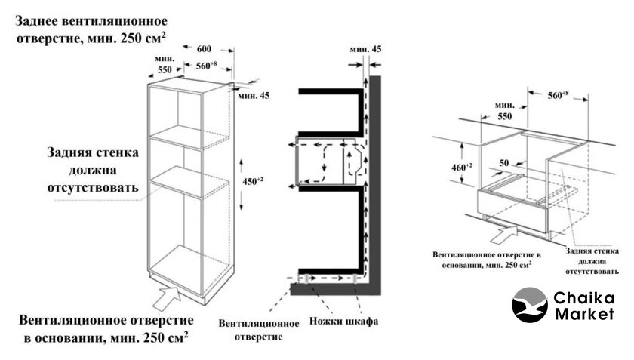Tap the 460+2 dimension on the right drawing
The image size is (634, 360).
tap(460, 167)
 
